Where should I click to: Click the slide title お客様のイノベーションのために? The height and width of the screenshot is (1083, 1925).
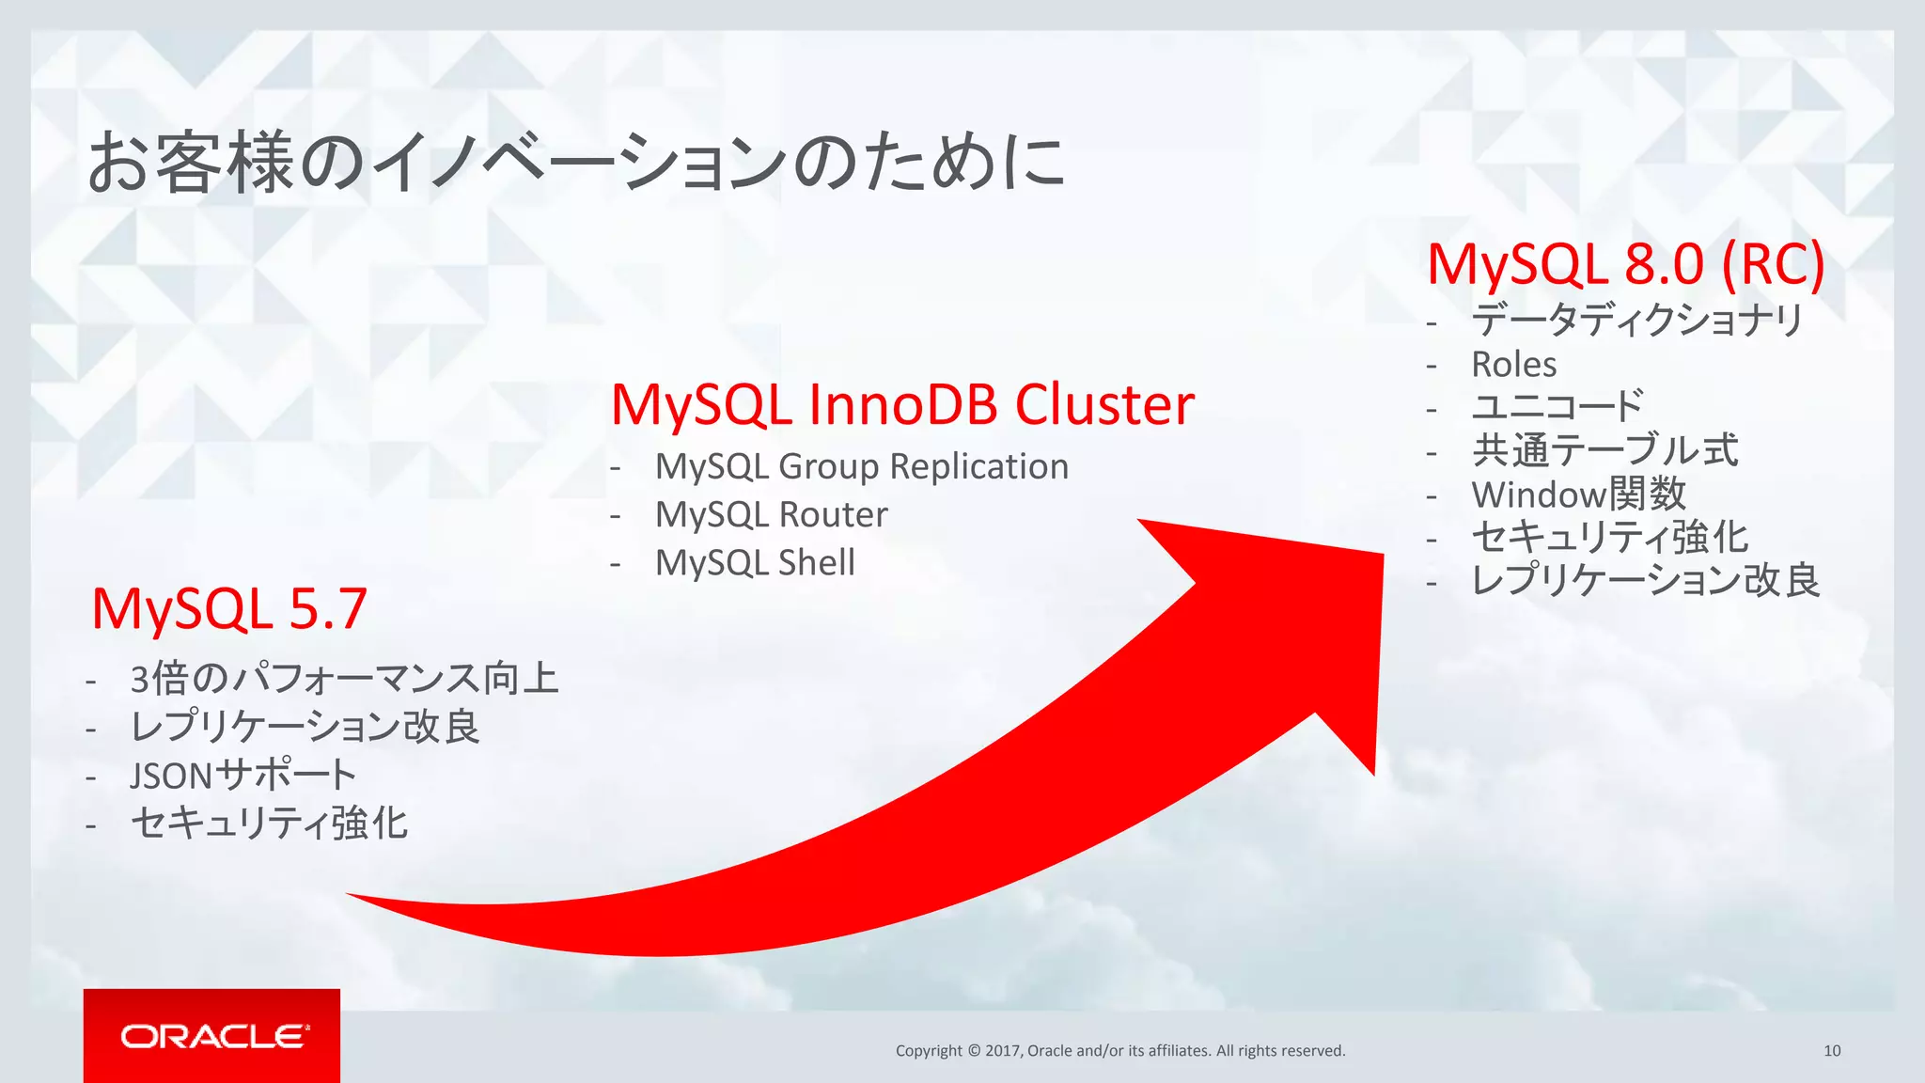(575, 162)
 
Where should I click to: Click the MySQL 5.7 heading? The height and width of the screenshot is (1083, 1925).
(228, 609)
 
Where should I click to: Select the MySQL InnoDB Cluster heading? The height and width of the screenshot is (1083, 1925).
(902, 405)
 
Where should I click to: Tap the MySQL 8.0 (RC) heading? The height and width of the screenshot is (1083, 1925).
(1625, 264)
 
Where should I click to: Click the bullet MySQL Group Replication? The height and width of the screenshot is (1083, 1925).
(861, 466)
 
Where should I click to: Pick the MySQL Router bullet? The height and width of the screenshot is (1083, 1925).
(771, 514)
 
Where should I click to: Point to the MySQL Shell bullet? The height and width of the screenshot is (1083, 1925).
(755, 562)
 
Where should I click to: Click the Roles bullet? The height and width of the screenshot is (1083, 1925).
(1513, 364)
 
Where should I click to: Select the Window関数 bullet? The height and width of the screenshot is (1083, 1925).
(1578, 494)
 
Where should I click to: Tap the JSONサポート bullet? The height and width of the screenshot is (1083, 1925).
(243, 776)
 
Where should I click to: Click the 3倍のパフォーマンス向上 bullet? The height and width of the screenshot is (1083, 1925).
(344, 678)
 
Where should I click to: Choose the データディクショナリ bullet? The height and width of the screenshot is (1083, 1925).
(1636, 320)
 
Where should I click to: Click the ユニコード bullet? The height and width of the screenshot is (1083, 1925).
(1557, 406)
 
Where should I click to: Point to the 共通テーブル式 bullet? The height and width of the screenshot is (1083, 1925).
(1604, 449)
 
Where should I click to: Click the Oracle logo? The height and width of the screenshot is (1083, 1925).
(212, 1036)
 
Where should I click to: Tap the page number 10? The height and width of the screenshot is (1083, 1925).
(1831, 1050)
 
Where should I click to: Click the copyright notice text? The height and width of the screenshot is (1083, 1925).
(1119, 1050)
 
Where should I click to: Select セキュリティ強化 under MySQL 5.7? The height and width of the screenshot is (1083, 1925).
(269, 824)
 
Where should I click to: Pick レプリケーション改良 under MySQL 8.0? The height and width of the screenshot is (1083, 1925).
(1645, 580)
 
